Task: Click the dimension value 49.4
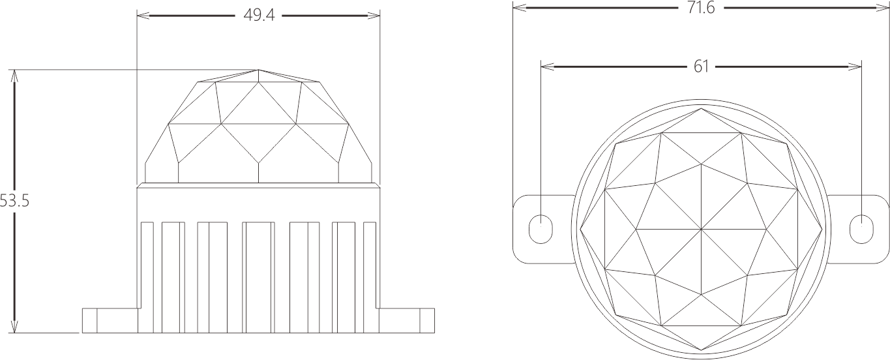tap(259, 15)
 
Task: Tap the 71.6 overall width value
tap(701, 8)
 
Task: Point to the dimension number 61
tap(701, 66)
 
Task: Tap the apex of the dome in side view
tap(259, 70)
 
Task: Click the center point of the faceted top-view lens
tap(701, 229)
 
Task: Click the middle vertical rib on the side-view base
tap(258, 277)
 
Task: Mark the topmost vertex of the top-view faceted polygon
tap(701, 108)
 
